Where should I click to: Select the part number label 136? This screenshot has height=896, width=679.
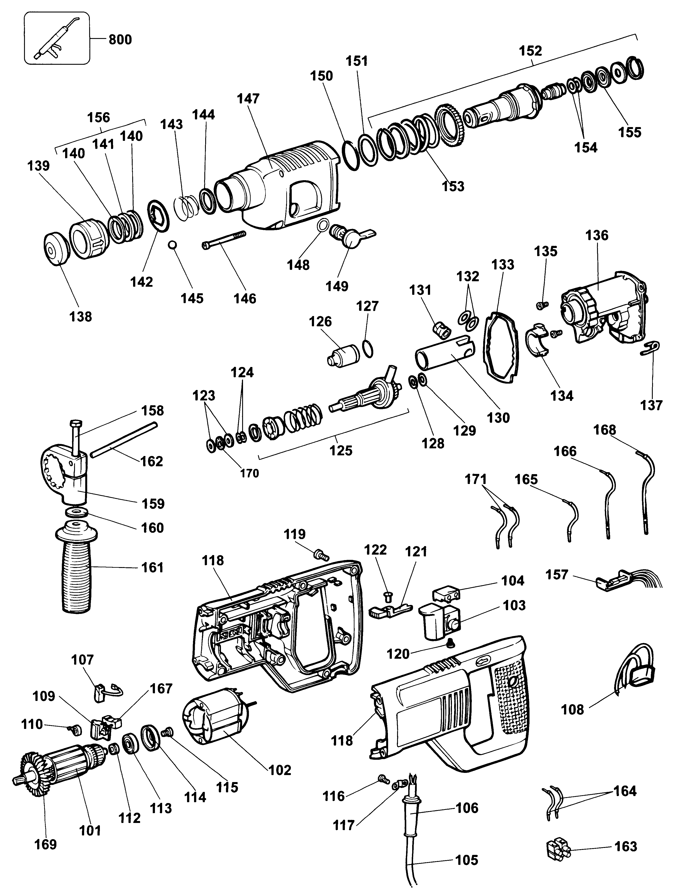click(597, 235)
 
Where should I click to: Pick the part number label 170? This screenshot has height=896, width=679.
click(249, 473)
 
